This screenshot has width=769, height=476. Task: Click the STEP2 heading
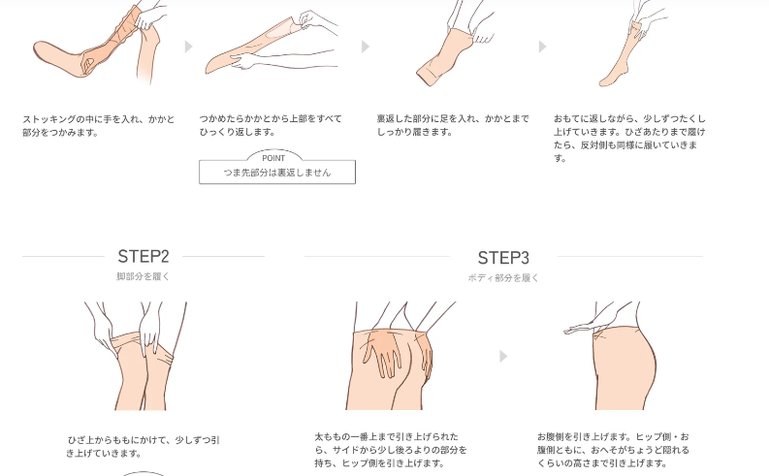click(144, 256)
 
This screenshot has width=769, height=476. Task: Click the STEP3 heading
click(503, 258)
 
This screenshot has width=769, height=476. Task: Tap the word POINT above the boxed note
click(273, 158)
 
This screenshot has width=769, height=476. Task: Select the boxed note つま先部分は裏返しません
click(277, 172)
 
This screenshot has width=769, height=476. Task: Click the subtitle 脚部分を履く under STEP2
click(144, 276)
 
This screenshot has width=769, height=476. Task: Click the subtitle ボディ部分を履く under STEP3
click(503, 278)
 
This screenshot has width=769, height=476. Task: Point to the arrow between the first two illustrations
click(188, 47)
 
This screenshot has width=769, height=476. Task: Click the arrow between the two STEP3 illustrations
click(503, 357)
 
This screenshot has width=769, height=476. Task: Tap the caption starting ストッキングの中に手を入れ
click(99, 126)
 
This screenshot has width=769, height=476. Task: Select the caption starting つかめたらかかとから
click(271, 125)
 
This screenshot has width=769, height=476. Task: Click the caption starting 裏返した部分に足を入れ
click(453, 125)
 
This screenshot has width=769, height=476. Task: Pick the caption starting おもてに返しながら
click(629, 139)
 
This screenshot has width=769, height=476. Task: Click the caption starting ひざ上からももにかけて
click(143, 447)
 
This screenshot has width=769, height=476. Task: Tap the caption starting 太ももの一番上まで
click(391, 450)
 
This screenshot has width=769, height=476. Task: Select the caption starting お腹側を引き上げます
click(613, 450)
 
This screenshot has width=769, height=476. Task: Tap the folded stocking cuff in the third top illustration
click(427, 77)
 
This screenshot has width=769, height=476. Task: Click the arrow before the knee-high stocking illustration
click(542, 47)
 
